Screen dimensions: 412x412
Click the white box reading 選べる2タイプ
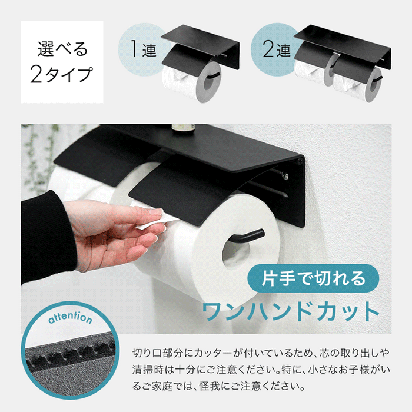(62, 62)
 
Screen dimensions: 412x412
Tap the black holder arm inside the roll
(250, 238)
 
